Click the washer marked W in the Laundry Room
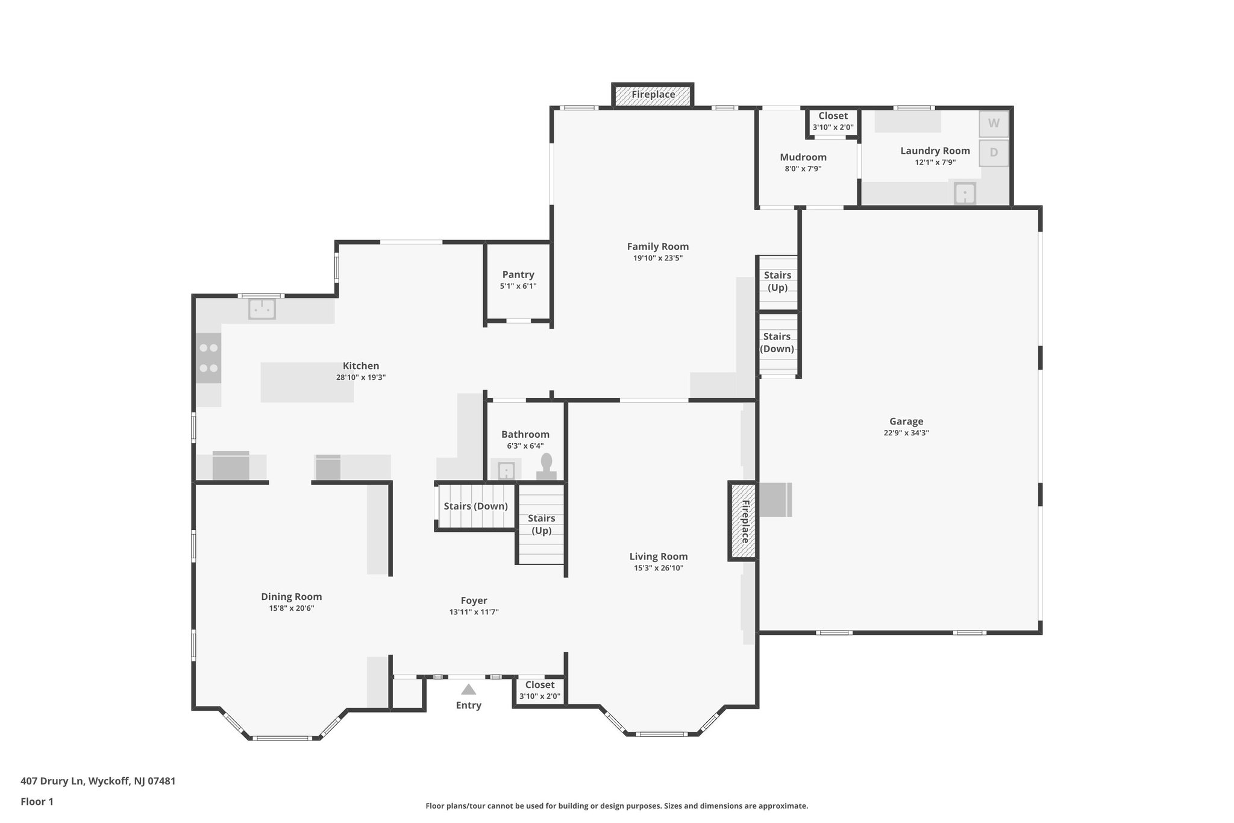point(994,124)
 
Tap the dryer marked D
point(994,153)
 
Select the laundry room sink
point(965,194)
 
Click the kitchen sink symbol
point(262,309)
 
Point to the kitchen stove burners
point(208,358)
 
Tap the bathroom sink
point(506,470)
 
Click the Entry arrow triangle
point(469,690)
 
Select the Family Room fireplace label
point(653,95)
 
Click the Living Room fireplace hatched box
point(744,521)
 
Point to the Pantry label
point(518,275)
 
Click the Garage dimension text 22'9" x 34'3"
point(906,433)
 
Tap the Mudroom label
point(803,157)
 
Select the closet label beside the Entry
point(540,685)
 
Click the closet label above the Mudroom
point(833,116)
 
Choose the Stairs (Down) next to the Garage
point(777,343)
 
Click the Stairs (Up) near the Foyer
point(541,524)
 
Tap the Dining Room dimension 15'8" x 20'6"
point(292,608)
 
